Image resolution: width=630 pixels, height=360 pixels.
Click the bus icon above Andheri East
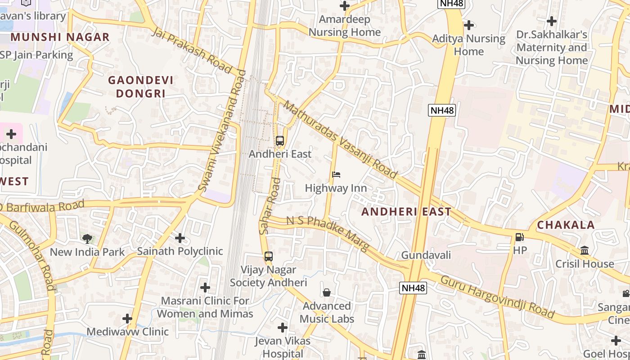(x=280, y=141)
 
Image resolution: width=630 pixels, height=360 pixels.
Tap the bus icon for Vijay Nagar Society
(x=269, y=256)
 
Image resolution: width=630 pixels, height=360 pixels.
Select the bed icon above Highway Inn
(x=336, y=175)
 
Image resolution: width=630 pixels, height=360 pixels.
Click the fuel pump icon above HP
(x=520, y=237)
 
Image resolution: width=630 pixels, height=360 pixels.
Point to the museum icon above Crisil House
(x=585, y=250)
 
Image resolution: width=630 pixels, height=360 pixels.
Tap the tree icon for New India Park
(x=87, y=238)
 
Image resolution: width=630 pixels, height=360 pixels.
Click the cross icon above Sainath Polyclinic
(x=180, y=238)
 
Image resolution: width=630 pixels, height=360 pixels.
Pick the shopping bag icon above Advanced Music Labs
(x=327, y=292)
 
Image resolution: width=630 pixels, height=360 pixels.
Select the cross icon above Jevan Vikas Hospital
(x=283, y=327)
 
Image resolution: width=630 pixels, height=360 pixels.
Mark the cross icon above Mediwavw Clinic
(x=127, y=319)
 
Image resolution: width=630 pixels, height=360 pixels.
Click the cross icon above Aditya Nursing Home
(x=469, y=25)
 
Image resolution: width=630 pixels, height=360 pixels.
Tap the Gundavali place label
(x=426, y=255)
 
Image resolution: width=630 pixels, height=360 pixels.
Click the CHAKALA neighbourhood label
(x=566, y=225)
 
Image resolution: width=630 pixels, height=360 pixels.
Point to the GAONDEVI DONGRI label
(x=141, y=87)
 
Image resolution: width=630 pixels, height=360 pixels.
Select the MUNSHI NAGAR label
(x=60, y=37)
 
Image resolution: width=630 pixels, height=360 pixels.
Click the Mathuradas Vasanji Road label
(x=340, y=139)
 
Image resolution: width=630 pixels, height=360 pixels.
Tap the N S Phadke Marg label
(x=328, y=233)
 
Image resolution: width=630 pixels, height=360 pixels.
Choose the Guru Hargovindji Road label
(x=497, y=297)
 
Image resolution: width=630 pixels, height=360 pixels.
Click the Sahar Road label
(x=270, y=206)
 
